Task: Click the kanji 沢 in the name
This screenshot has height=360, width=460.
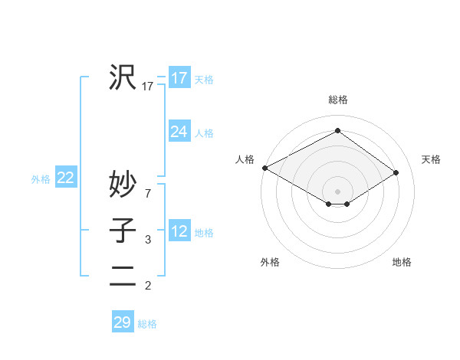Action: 123,77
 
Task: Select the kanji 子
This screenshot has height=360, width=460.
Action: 123,230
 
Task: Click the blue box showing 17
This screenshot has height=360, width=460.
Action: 179,78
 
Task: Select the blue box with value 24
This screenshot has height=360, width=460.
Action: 179,132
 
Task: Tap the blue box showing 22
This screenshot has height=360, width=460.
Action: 66,178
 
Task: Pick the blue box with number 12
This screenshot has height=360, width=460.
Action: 179,231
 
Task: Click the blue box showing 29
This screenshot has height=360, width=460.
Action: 123,322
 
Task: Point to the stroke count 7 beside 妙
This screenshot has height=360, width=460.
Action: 147,194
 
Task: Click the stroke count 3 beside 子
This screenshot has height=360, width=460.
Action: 147,240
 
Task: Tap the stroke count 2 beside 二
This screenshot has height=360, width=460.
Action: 147,286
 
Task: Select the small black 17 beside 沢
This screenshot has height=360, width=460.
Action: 148,87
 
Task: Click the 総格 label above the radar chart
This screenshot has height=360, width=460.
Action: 337,100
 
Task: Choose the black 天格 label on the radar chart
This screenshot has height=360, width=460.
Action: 431,159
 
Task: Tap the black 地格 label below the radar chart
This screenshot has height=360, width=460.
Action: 402,262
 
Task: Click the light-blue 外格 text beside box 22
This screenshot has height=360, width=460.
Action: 41,179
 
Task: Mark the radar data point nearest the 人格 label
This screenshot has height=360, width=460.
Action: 264,168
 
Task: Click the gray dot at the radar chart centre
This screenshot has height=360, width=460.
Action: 337,190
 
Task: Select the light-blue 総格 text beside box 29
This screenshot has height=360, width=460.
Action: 147,324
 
